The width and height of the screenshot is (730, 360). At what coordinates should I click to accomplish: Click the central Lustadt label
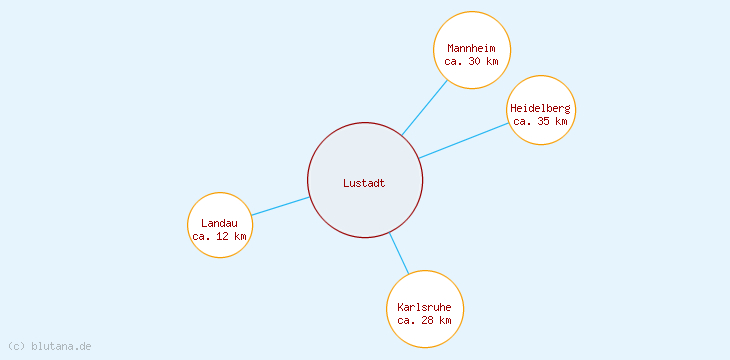click(x=364, y=183)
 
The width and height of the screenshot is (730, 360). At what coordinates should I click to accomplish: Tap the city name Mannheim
click(x=472, y=48)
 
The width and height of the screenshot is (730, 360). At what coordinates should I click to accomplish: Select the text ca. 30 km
click(x=472, y=61)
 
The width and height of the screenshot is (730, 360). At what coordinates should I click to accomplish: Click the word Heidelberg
click(x=540, y=108)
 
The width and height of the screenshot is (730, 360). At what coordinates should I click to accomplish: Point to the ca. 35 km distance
click(x=540, y=121)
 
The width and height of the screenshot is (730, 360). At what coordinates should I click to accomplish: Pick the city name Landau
click(x=219, y=223)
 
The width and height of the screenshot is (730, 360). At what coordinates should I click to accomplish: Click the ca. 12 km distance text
click(x=219, y=236)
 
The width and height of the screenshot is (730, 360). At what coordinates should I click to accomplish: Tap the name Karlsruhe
click(x=424, y=307)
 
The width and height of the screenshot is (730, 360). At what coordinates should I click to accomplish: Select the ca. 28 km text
click(x=424, y=320)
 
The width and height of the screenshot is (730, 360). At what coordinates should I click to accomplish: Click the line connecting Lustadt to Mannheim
click(x=424, y=108)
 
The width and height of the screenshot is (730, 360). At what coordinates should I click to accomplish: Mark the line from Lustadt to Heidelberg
click(x=464, y=140)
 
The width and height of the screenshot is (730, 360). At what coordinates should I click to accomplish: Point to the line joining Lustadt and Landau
click(x=280, y=206)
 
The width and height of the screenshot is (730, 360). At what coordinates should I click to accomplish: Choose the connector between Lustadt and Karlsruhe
click(x=399, y=253)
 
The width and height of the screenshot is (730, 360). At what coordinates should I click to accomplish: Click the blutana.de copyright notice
click(x=50, y=346)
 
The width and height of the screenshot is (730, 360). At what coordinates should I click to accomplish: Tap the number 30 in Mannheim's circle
click(x=476, y=61)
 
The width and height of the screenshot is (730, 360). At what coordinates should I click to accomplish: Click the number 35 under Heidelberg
click(x=544, y=121)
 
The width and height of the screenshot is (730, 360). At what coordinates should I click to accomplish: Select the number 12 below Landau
click(x=223, y=236)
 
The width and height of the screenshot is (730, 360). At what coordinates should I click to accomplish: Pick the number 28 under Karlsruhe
click(x=428, y=320)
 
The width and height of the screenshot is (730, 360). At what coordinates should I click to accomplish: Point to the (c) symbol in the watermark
click(x=16, y=346)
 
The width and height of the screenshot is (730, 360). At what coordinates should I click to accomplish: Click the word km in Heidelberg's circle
click(x=561, y=121)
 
